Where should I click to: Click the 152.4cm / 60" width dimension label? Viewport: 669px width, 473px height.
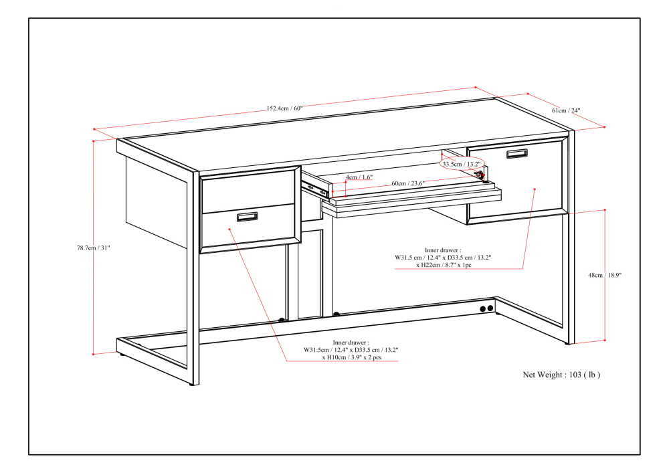[x=285, y=108]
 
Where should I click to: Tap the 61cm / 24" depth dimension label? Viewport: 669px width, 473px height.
[x=566, y=110]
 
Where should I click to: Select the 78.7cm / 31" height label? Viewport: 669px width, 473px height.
[x=93, y=248]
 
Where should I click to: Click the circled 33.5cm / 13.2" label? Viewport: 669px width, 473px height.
[x=461, y=163]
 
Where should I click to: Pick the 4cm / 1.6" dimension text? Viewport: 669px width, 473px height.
[x=359, y=177]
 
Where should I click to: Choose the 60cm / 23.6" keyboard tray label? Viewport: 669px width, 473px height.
[x=408, y=183]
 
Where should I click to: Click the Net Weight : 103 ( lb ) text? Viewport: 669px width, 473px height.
[x=561, y=375]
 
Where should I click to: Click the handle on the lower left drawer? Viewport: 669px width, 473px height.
[x=247, y=216]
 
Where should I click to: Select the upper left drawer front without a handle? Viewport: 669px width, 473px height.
[x=248, y=190]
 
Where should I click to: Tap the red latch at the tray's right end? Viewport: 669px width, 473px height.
[x=479, y=175]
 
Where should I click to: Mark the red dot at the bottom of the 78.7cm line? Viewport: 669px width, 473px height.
[x=94, y=353]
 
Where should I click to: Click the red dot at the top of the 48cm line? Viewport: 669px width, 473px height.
[x=605, y=209]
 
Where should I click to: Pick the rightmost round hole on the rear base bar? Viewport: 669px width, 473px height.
[x=490, y=308]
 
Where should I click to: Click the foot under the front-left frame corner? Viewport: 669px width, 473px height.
[x=194, y=384]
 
